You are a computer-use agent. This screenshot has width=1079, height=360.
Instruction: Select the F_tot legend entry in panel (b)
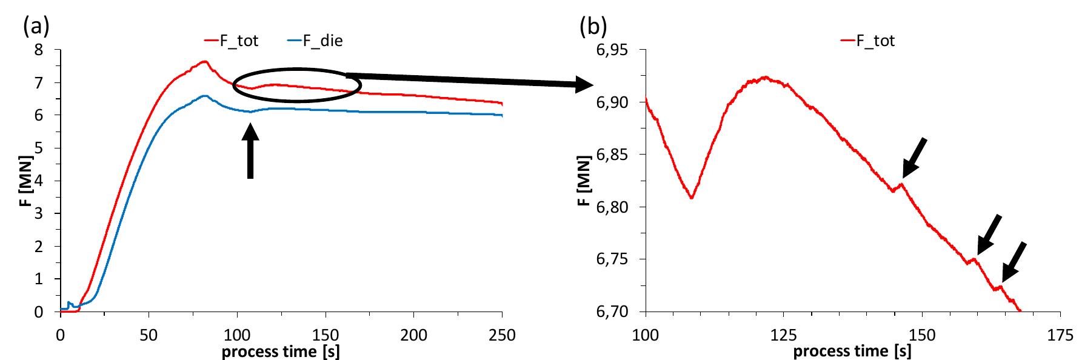(867, 41)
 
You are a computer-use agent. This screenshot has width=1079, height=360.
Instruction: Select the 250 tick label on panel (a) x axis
(502, 335)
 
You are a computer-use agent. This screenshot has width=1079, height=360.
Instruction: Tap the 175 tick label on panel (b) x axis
(1060, 335)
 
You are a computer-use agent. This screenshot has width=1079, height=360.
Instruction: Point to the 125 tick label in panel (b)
(783, 335)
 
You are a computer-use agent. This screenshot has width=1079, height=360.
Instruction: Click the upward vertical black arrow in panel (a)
(250, 152)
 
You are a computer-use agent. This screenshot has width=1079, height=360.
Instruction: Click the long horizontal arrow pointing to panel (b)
(467, 80)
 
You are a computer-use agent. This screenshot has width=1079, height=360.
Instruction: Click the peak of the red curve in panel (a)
(205, 61)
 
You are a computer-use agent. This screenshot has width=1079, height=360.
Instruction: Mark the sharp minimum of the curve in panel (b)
(691, 198)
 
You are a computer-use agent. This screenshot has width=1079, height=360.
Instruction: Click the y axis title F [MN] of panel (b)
(585, 182)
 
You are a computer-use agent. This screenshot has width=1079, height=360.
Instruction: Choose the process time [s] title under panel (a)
(281, 352)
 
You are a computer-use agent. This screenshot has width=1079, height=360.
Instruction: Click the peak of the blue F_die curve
(205, 96)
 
